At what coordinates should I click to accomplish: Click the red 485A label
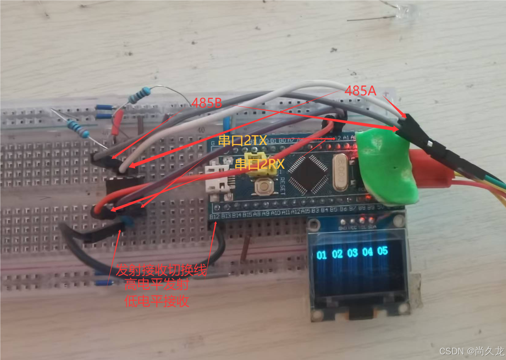[360, 91]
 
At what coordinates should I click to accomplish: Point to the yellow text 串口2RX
[260, 164]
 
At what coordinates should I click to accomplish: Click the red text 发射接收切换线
[161, 271]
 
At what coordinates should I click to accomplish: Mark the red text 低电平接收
[156, 302]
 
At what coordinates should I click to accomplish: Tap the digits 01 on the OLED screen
[322, 255]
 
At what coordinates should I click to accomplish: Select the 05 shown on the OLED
[382, 251]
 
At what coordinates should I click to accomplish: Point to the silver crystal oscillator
[341, 173]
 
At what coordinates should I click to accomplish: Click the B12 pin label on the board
[214, 216]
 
